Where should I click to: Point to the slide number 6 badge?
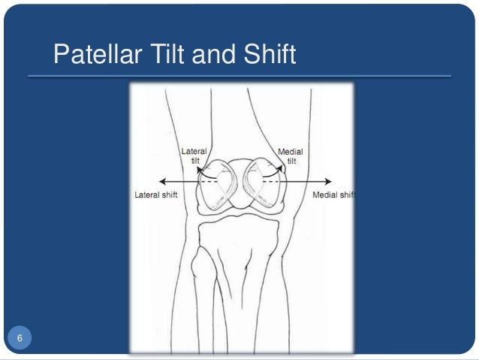(20, 337)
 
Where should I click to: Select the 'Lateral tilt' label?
(194, 156)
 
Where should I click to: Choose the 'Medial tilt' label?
(291, 156)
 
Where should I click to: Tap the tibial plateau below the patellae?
(240, 222)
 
